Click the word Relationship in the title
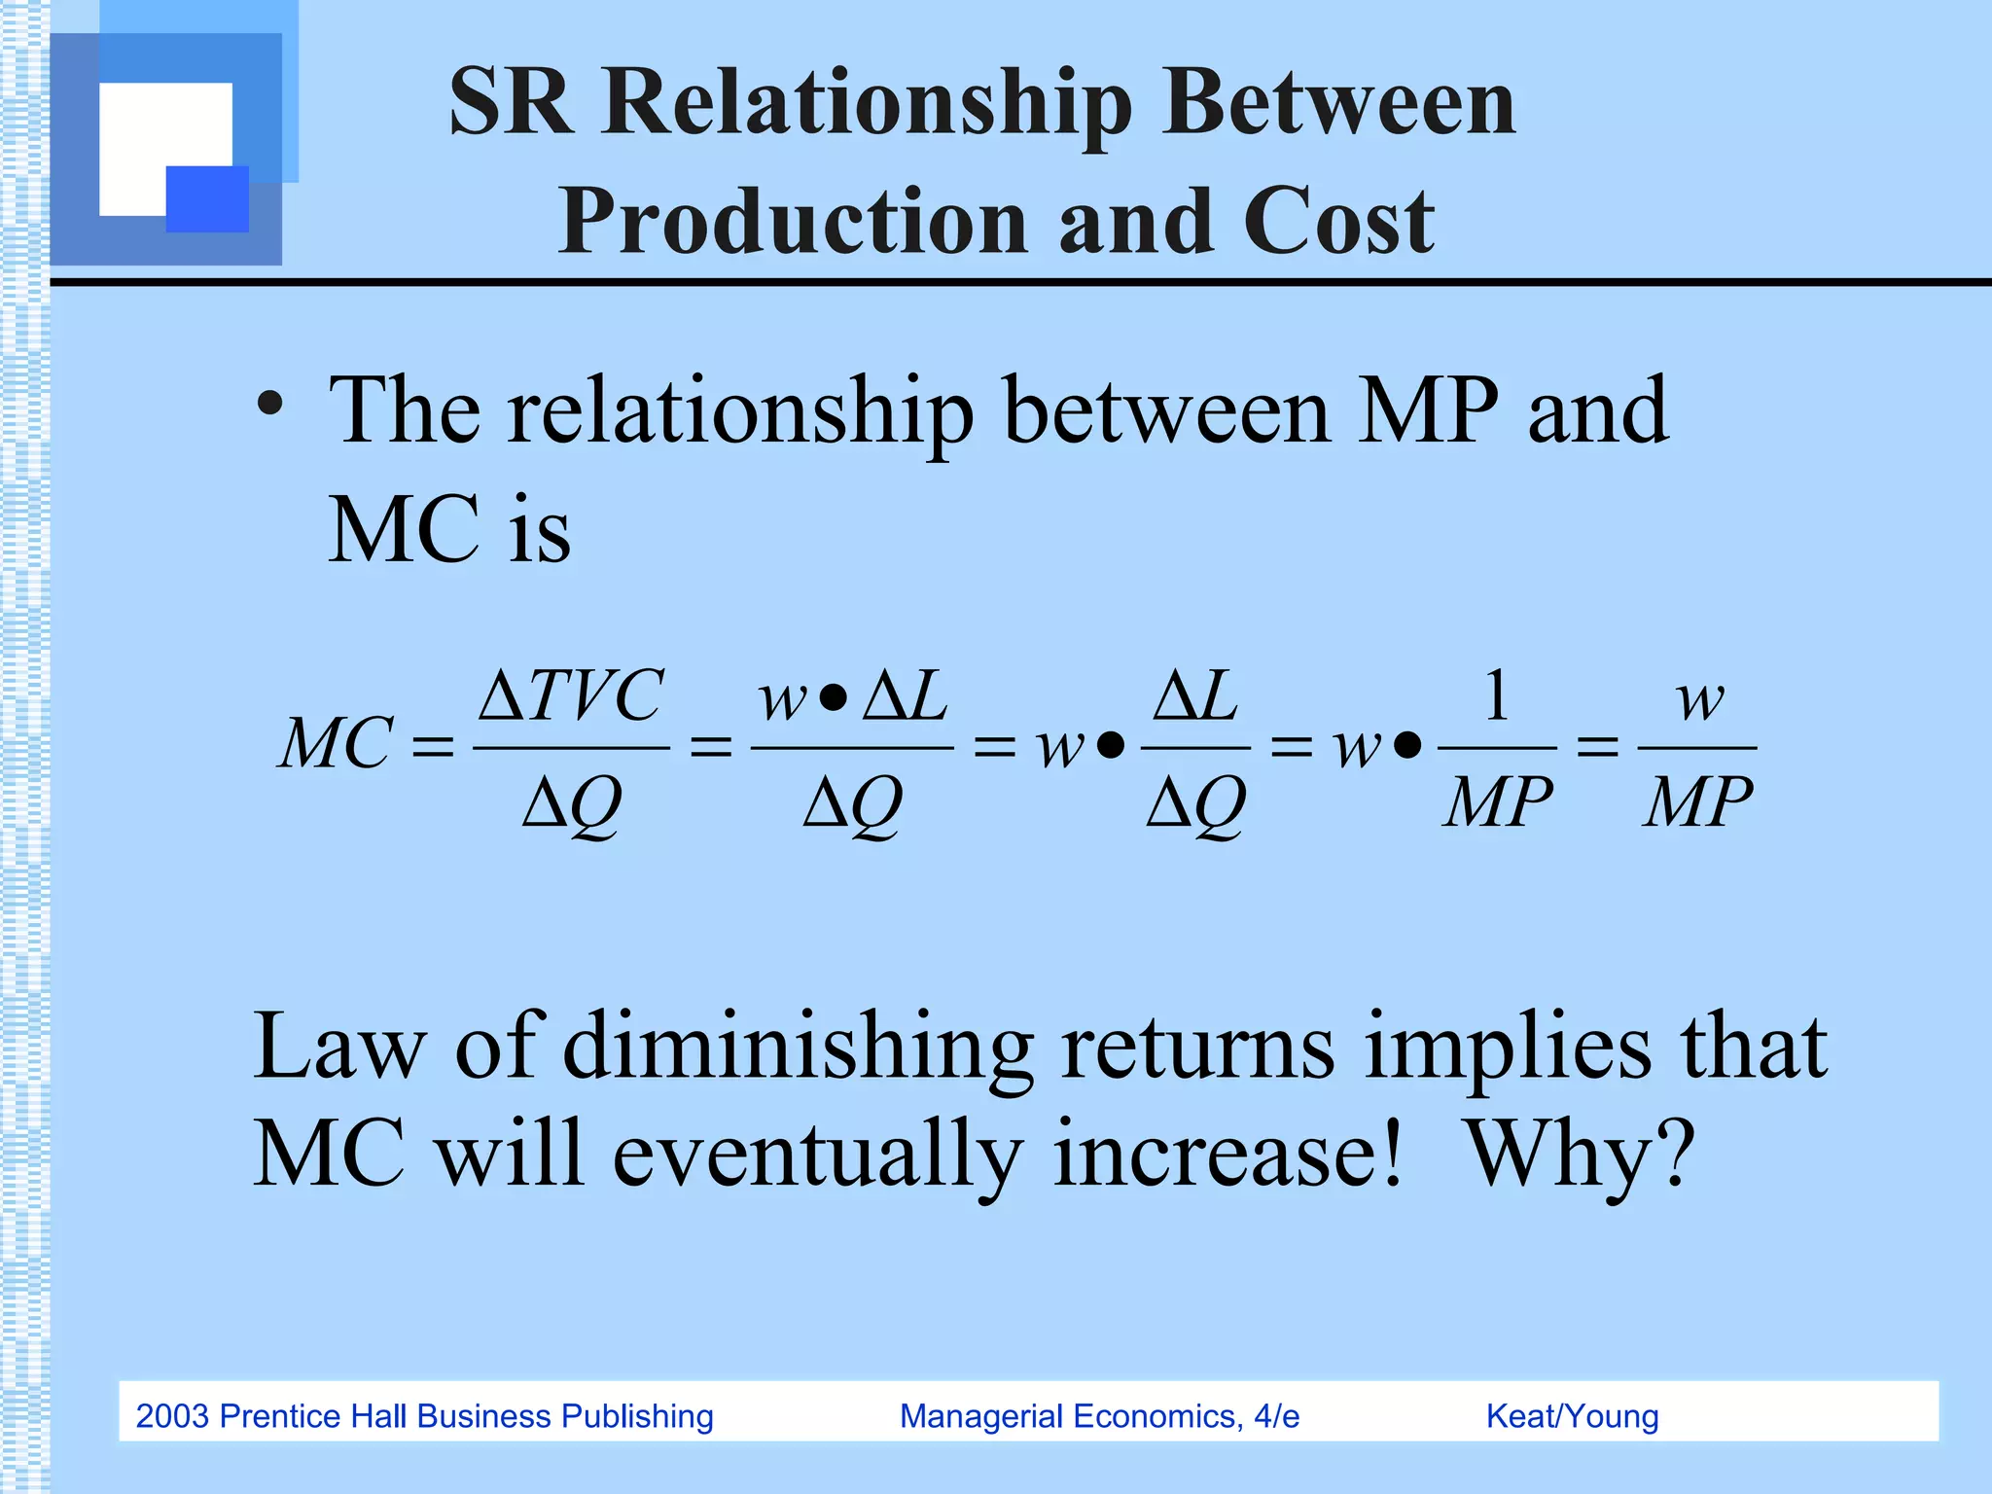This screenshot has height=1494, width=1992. tap(867, 105)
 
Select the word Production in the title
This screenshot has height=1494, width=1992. tap(792, 222)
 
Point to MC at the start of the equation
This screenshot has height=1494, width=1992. tap(337, 745)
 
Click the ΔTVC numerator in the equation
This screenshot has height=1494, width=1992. tap(572, 696)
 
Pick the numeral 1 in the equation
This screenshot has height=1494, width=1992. tap(1497, 696)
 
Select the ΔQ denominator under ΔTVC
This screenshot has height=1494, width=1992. tap(572, 803)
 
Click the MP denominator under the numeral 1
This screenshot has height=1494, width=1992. tap(1497, 803)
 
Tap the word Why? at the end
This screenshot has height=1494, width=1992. tap(1580, 1155)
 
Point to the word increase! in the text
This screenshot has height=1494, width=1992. tap(1227, 1155)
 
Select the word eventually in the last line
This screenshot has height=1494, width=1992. tap(817, 1155)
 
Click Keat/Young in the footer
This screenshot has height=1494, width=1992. tap(1572, 1416)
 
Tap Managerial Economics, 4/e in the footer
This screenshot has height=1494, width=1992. tap(1099, 1416)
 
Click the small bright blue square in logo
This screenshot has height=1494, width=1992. tap(207, 199)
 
